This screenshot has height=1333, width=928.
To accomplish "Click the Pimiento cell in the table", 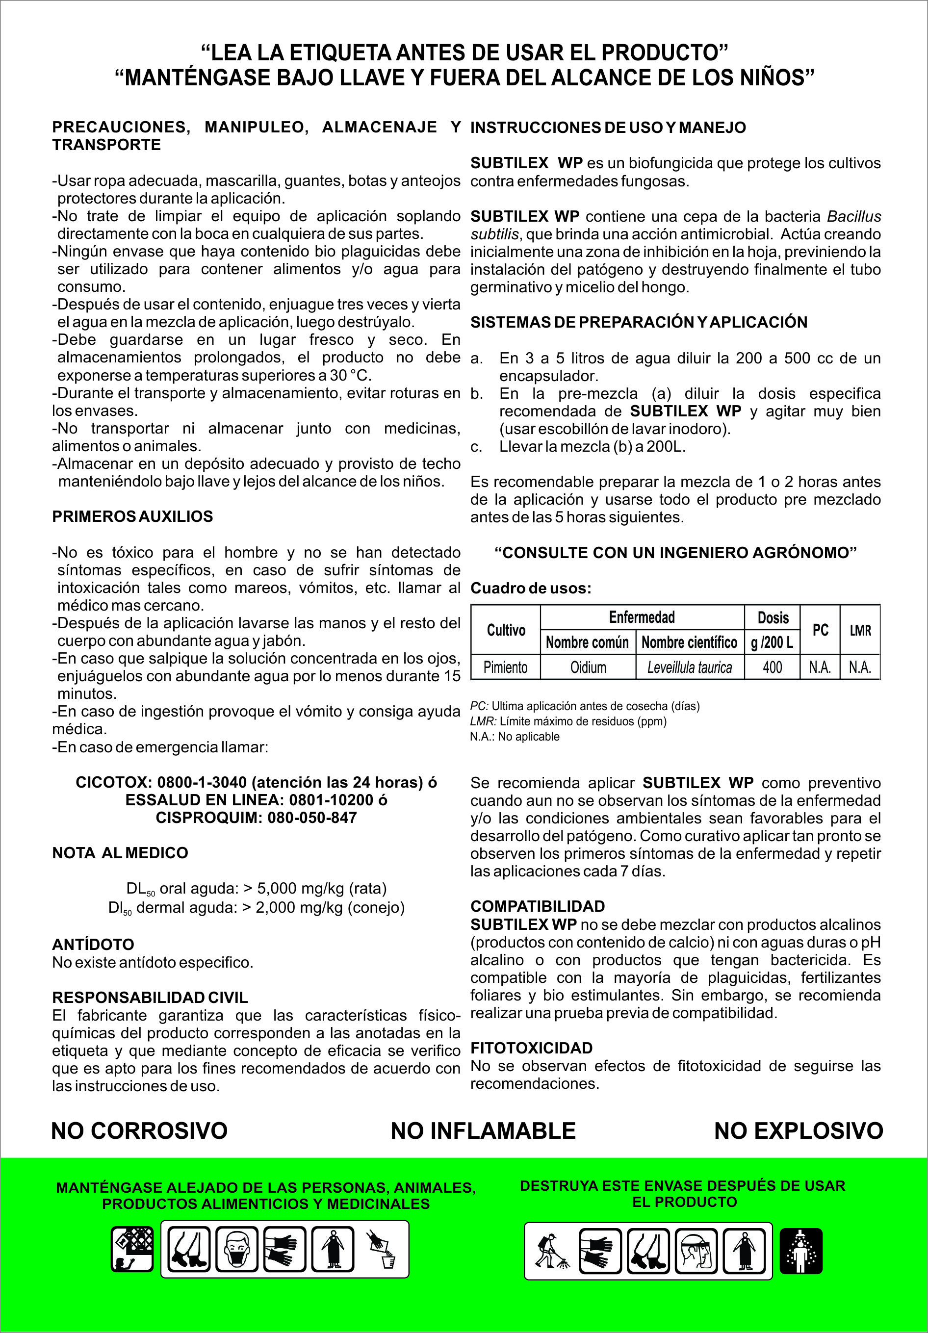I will pos(505,667).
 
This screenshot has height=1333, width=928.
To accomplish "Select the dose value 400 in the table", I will pos(772,667).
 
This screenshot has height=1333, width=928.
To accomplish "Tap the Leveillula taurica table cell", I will pos(689,667).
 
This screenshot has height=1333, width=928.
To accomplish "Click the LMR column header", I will pos(860,630).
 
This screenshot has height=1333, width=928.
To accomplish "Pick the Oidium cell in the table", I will pos(588,667).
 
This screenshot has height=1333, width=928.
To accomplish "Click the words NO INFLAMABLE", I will pos(483,1130).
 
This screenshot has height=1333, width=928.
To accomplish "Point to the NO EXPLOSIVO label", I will pos(799,1130).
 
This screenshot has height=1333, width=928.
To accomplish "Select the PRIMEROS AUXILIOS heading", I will pos(132,516).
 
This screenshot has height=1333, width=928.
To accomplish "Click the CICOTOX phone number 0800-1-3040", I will pos(202,782).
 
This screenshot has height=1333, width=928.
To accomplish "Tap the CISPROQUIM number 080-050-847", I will pos(312,818).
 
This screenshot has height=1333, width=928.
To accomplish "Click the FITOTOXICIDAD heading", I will pos(531,1048).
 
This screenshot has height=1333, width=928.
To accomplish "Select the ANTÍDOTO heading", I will pos(93,945).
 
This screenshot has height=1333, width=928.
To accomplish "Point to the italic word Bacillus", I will pos(853,217).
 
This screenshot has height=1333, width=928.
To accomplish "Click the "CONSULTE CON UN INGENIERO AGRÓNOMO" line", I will pos(675,552).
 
